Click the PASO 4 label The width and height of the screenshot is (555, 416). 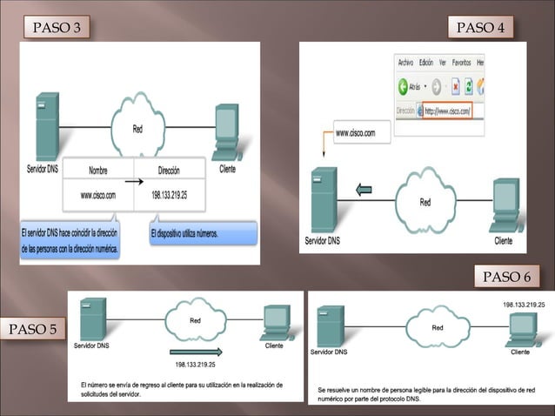tap(479, 28)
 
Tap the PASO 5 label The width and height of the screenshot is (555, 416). tap(34, 330)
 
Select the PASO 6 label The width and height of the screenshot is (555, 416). tap(505, 277)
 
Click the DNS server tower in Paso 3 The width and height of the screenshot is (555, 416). tap(46, 127)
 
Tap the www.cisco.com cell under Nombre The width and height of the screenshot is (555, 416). tap(97, 195)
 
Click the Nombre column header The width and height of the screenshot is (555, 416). tap(98, 171)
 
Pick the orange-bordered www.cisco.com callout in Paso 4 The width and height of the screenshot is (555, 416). tap(355, 133)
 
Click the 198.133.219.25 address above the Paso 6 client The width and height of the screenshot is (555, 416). tap(523, 305)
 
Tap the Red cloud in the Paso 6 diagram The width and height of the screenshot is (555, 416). tap(438, 328)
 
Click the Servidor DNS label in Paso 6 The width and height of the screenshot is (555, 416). tap(330, 352)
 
